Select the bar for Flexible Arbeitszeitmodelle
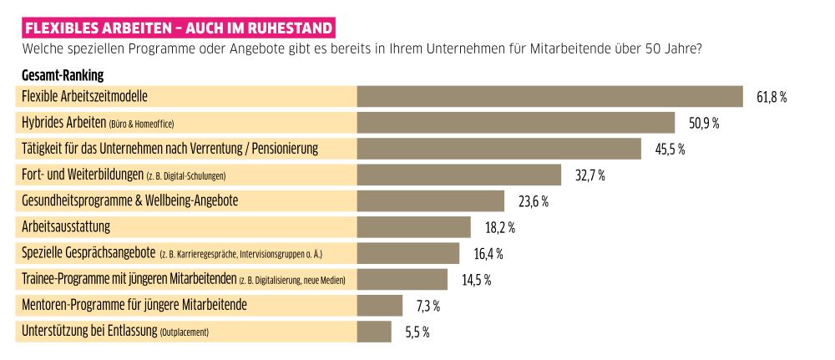coord(549,97)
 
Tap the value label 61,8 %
coord(772,98)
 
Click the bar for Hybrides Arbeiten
coord(515,124)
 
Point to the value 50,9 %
coord(703,124)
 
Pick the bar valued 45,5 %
coord(498,150)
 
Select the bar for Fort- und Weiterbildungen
coord(458,175)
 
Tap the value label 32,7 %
coord(590,175)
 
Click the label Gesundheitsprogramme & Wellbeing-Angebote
coord(129,201)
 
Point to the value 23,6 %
coord(533,201)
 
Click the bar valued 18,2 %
coord(413,227)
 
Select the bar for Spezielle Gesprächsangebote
coord(407,253)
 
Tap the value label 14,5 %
coord(476,279)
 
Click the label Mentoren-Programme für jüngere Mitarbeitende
coord(134,305)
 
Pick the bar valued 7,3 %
coord(380,305)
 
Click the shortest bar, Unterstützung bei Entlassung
coord(374,332)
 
